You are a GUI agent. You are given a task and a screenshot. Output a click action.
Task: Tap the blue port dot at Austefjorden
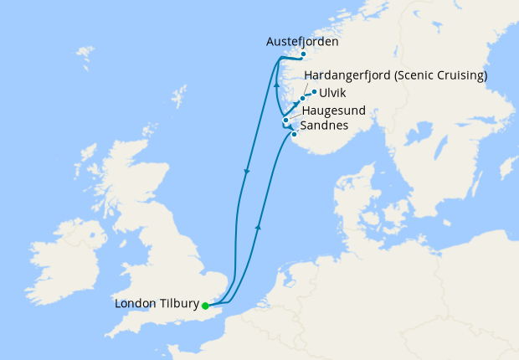(x=303, y=55)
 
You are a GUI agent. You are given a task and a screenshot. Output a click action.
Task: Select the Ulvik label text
(x=331, y=93)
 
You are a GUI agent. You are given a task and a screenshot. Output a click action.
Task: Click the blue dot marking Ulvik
(x=315, y=92)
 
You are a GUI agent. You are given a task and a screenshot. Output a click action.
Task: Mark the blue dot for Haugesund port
(x=285, y=121)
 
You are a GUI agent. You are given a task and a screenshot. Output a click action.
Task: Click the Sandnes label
(x=325, y=126)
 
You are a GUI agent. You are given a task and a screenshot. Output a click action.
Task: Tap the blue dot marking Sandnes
(x=294, y=133)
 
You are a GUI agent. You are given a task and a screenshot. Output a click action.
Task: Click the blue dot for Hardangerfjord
(x=302, y=99)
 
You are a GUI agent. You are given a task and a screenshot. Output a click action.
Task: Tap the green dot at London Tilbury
(x=205, y=306)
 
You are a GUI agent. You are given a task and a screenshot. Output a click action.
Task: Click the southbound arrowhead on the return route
(x=247, y=172)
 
